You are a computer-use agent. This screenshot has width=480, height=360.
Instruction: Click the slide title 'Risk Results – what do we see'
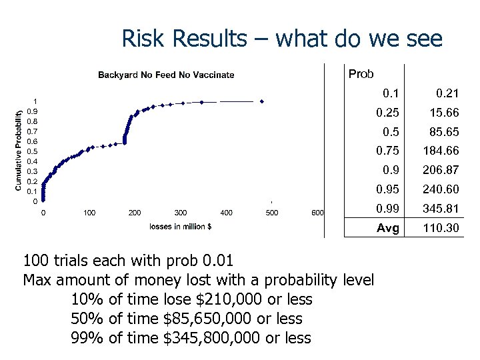coord(281,39)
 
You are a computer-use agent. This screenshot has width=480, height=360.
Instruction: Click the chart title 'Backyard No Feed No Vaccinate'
coord(166,75)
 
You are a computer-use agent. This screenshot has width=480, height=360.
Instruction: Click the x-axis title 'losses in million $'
coord(181,226)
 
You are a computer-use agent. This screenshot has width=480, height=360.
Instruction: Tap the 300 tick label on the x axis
coord(180,213)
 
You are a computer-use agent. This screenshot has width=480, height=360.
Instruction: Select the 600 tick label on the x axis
coord(318,213)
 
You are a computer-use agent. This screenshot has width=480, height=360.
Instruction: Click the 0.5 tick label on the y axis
coord(32,151)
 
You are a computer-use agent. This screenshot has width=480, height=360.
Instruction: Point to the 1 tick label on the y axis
coord(35,101)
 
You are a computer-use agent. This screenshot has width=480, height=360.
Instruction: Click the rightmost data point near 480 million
coord(263,101)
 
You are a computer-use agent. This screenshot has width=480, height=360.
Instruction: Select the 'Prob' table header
coord(361,74)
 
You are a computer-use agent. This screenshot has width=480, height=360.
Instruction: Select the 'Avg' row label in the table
coord(388,229)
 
